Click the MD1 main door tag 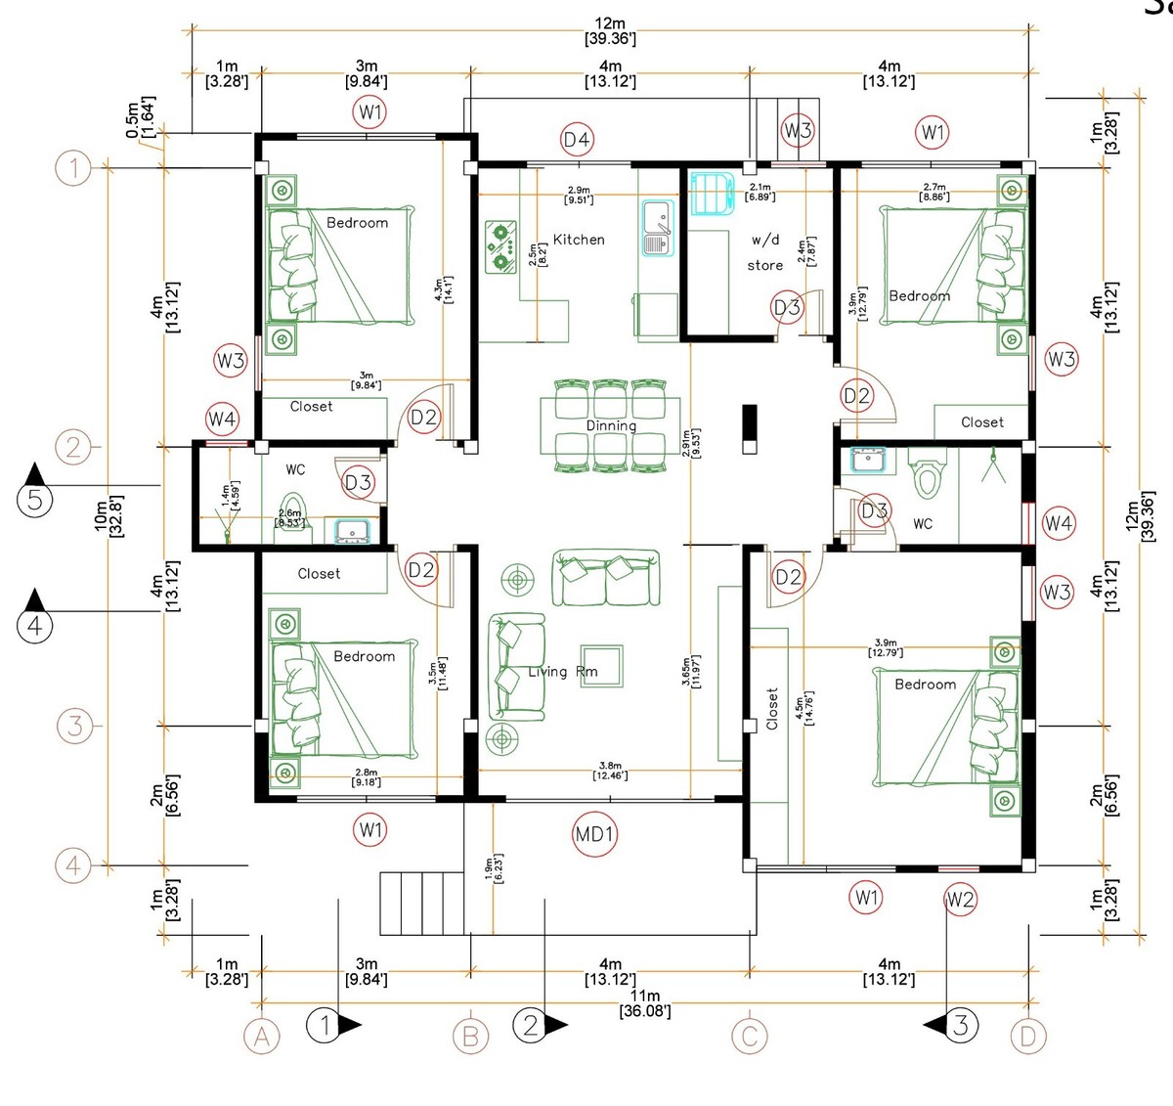pos(594,834)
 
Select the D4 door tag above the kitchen pos(577,140)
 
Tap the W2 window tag pos(960,900)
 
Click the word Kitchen pos(579,240)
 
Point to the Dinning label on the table pos(611,425)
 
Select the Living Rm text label pos(562,672)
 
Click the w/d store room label pos(765,252)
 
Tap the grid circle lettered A pos(261,1037)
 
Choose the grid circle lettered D pos(1027,1037)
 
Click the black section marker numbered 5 pos(35,500)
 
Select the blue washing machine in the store pos(711,193)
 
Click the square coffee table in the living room pos(601,663)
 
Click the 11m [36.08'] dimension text pos(645,1003)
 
